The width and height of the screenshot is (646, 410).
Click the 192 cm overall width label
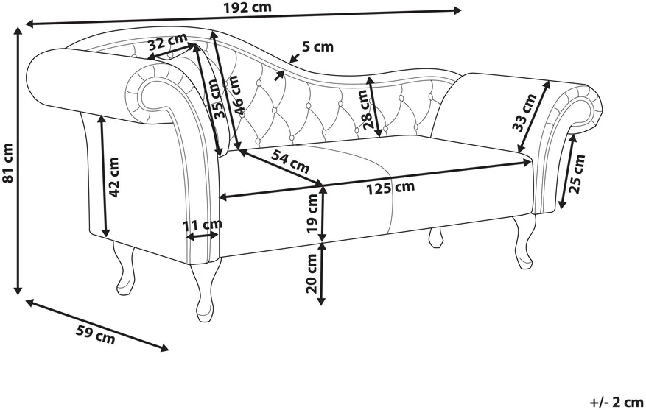[248, 7]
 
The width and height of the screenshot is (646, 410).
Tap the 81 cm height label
[8, 162]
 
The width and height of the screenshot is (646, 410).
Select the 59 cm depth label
[96, 334]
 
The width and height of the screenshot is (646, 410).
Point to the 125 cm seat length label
[390, 188]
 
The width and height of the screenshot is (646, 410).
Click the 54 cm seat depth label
[290, 161]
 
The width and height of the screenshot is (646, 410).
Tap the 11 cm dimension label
[203, 225]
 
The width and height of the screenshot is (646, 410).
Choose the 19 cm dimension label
[312, 213]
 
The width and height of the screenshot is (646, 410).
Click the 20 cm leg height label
[312, 273]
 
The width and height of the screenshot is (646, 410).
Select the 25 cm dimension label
[577, 174]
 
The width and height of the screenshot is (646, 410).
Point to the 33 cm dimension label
[524, 113]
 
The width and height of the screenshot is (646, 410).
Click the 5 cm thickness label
[317, 47]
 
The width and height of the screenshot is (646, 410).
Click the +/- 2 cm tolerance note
[617, 402]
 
